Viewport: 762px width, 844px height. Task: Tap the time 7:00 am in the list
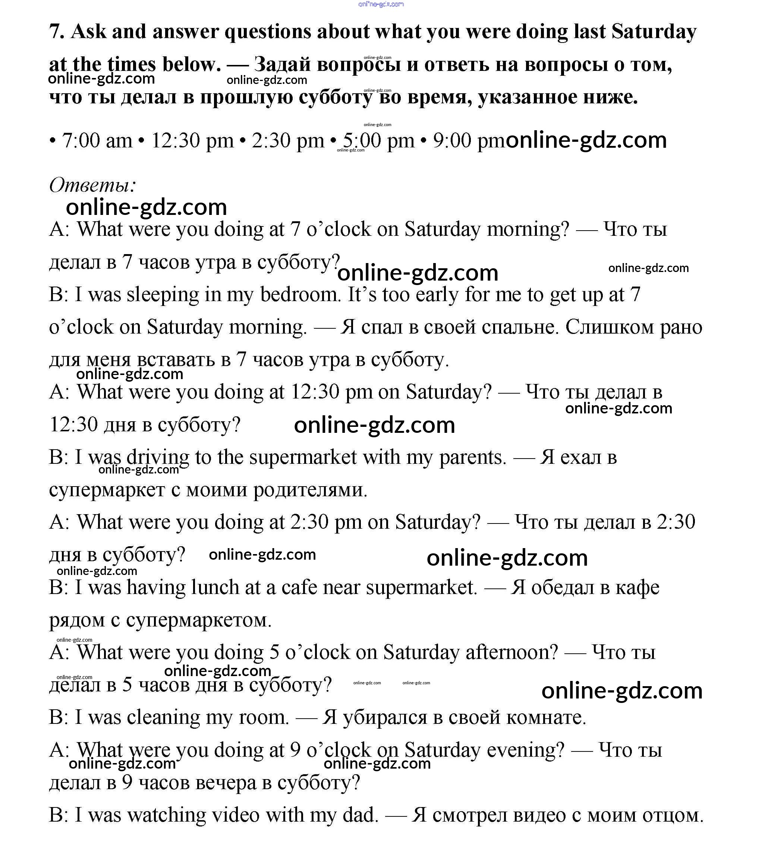pyautogui.click(x=97, y=141)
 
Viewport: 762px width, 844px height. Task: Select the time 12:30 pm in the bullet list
pyautogui.click(x=192, y=141)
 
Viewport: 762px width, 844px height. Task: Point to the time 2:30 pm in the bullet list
pyautogui.click(x=288, y=141)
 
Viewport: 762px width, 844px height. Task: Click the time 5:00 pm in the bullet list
pyautogui.click(x=378, y=141)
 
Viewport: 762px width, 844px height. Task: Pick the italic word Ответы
pyautogui.click(x=92, y=185)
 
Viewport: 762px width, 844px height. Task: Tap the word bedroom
pyautogui.click(x=299, y=294)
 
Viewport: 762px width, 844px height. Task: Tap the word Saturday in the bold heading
pyautogui.click(x=653, y=32)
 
